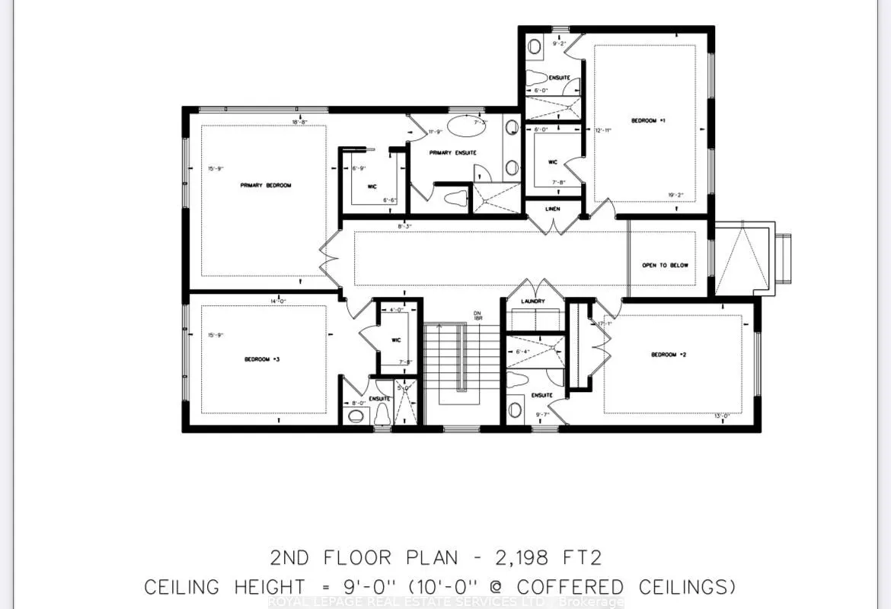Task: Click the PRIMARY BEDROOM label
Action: pyautogui.click(x=266, y=185)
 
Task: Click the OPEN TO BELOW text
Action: pyautogui.click(x=665, y=265)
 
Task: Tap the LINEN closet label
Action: pyautogui.click(x=554, y=208)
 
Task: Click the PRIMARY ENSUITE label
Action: pyautogui.click(x=452, y=153)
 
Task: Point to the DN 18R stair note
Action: pyautogui.click(x=477, y=316)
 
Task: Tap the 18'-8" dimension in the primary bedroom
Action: pyautogui.click(x=299, y=122)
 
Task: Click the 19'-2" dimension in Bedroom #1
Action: pyautogui.click(x=675, y=195)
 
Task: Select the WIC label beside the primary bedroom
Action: pyautogui.click(x=373, y=186)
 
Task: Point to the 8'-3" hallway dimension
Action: pyautogui.click(x=404, y=226)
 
